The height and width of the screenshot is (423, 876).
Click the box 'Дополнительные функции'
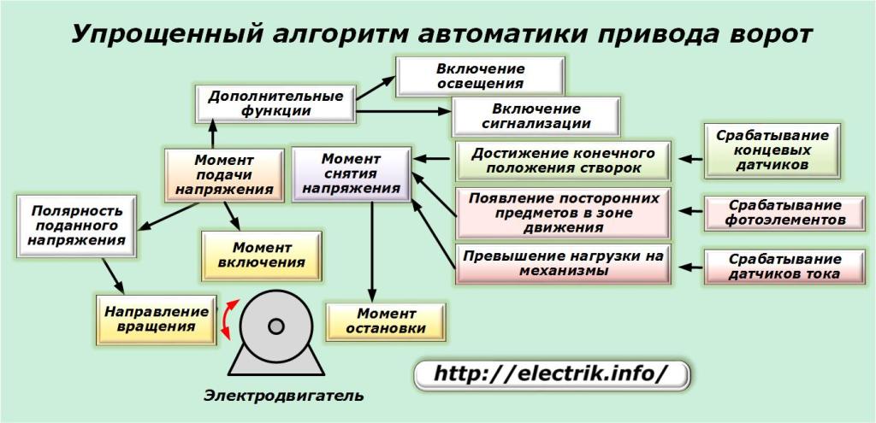pyautogui.click(x=275, y=103)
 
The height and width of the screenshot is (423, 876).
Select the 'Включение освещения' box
pyautogui.click(x=479, y=75)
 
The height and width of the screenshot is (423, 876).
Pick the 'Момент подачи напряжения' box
pyautogui.click(x=223, y=175)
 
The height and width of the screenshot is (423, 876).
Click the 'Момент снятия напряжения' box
pyautogui.click(x=351, y=173)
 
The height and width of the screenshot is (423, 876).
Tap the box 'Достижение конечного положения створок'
pyautogui.click(x=561, y=161)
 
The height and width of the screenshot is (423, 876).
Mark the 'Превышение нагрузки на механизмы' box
pyautogui.click(x=562, y=263)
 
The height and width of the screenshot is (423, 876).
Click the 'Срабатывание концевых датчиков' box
pyautogui.click(x=772, y=150)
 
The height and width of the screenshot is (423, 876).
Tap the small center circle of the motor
pyautogui.click(x=275, y=326)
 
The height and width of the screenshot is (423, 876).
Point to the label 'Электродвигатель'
pyautogui.click(x=283, y=396)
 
